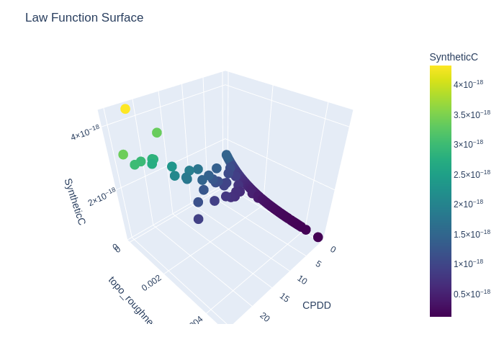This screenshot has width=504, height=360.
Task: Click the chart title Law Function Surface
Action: (84, 18)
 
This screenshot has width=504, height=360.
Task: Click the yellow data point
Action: (125, 109)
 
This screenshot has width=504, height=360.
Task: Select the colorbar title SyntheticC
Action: (454, 57)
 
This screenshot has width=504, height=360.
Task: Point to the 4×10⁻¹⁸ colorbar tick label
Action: (468, 84)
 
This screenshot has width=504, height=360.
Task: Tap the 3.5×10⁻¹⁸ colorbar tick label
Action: (472, 114)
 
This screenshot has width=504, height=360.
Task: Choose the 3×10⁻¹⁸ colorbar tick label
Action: (468, 144)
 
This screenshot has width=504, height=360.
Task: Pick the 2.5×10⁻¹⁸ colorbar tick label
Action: (472, 174)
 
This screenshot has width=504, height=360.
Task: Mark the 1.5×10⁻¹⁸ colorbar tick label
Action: (472, 234)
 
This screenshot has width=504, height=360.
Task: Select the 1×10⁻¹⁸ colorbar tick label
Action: (468, 264)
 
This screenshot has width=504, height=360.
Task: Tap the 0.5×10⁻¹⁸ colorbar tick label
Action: (472, 294)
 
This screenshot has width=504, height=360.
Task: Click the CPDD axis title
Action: (317, 305)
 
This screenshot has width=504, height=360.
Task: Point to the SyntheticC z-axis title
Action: (74, 202)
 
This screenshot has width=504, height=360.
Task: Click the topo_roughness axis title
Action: (130, 301)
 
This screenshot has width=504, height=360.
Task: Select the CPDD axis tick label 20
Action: (265, 317)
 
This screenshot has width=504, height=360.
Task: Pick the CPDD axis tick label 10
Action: (302, 280)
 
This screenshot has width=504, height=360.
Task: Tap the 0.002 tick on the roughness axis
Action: (151, 283)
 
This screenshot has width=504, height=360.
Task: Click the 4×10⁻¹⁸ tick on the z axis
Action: (85, 132)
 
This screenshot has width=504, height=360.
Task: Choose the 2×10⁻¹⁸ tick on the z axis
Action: (102, 197)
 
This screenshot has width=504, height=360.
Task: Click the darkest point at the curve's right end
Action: (318, 237)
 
